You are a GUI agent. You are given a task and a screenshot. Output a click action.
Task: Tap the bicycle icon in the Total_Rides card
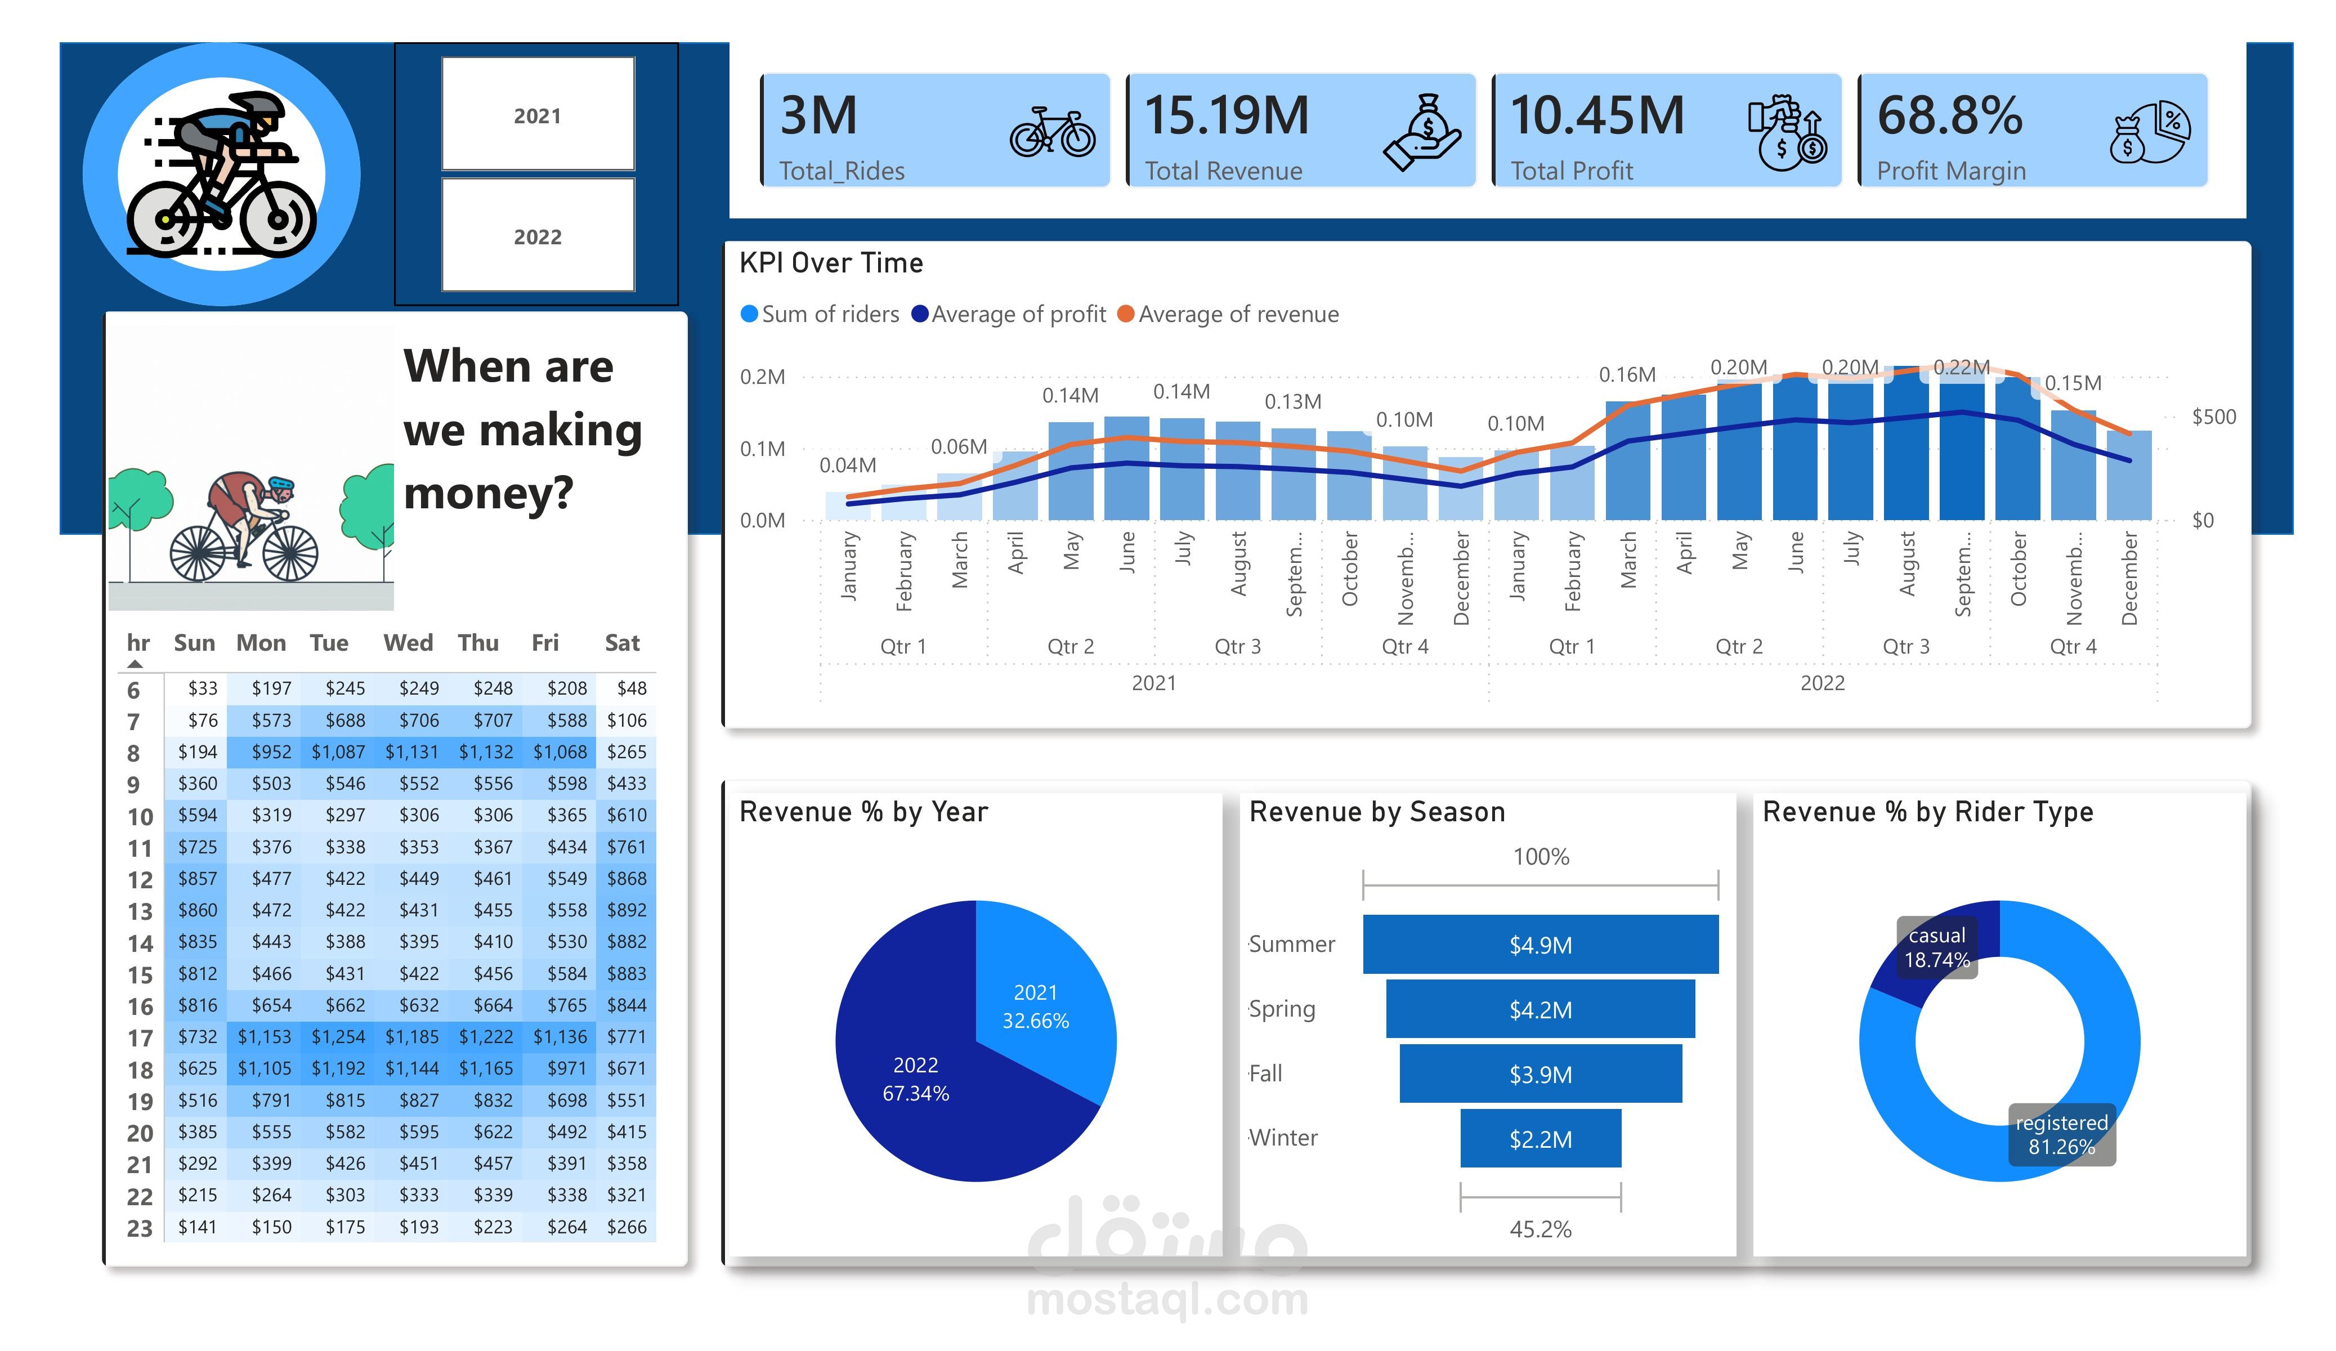point(1051,133)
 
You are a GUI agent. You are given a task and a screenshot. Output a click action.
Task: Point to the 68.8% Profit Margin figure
point(1949,116)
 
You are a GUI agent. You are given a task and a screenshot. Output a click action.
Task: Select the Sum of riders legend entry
point(820,314)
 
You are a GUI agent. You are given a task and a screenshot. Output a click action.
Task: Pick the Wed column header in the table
point(408,643)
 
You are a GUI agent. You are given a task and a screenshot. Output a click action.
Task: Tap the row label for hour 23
point(139,1228)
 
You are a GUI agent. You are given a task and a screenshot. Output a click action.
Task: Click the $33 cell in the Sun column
point(202,688)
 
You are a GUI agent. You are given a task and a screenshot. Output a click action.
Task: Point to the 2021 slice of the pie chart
point(1036,1006)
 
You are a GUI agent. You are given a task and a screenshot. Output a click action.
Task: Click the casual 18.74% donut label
point(1936,947)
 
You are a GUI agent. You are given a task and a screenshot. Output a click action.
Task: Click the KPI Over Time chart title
point(831,263)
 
